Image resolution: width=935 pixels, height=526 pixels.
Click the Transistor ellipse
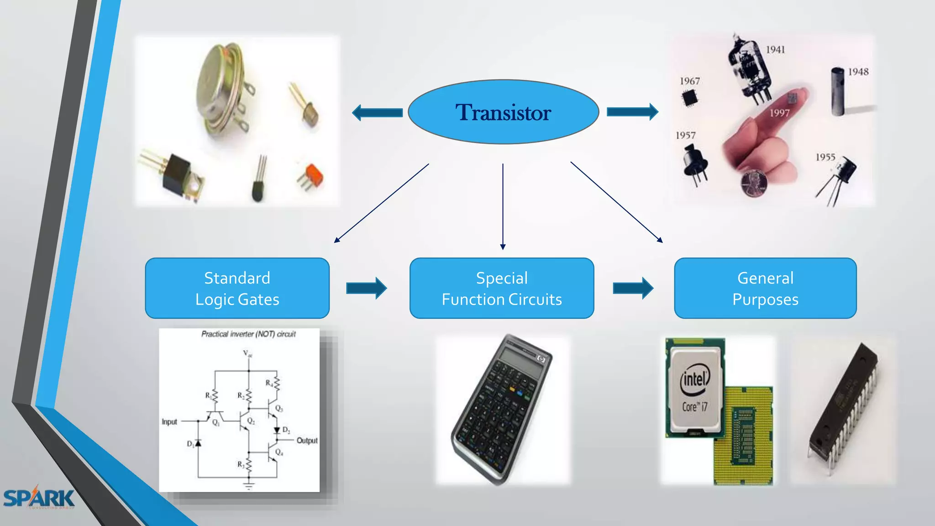click(503, 112)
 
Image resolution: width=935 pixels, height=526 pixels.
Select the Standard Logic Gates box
click(237, 288)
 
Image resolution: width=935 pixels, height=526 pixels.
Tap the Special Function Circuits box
click(502, 288)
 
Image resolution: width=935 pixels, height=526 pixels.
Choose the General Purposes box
click(765, 288)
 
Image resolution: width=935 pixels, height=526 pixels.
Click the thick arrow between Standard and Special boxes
click(366, 288)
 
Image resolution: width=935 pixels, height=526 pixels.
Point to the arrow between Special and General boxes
click(633, 288)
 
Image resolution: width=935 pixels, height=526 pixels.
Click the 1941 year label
click(775, 50)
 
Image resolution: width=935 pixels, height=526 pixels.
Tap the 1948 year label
click(858, 72)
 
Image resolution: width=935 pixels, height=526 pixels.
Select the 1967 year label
click(689, 81)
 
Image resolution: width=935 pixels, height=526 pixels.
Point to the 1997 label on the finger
click(779, 113)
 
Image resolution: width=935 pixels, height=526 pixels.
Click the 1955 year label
click(825, 158)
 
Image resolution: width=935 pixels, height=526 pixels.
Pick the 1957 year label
click(685, 136)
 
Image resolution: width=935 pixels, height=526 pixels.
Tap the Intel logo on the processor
click(695, 380)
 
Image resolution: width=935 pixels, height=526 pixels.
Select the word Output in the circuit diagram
click(307, 441)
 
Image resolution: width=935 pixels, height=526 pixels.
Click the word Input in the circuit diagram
click(169, 422)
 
